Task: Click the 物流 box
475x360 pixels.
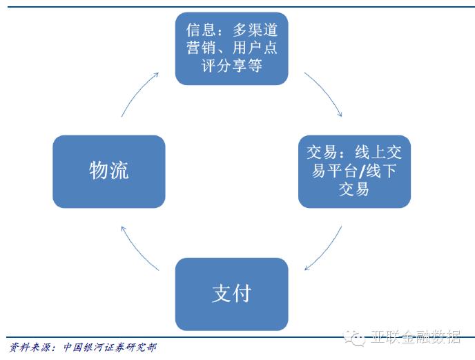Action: pos(109,171)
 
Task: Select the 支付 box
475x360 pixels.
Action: pos(232,294)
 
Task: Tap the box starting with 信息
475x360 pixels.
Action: pos(232,48)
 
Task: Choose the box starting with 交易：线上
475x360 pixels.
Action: pos(354,171)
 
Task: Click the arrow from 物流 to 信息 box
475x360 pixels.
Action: pos(138,93)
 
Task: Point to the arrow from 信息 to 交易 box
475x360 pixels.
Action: pos(326,92)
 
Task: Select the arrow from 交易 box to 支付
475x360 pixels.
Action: pos(326,250)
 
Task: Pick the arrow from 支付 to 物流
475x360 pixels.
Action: pos(137,250)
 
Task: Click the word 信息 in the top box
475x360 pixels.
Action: pos(201,30)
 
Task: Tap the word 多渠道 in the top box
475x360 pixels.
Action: pos(255,30)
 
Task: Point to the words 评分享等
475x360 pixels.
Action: pos(232,65)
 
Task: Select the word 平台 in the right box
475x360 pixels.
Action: pos(342,171)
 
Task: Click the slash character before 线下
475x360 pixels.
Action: pos(362,171)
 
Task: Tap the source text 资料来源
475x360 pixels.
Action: pos(30,348)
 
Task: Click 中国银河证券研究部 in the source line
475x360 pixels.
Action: pos(110,348)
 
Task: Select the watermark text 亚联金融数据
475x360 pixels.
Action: pos(416,337)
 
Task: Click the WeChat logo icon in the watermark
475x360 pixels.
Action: pos(354,338)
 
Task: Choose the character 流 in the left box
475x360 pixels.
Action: pos(119,170)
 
